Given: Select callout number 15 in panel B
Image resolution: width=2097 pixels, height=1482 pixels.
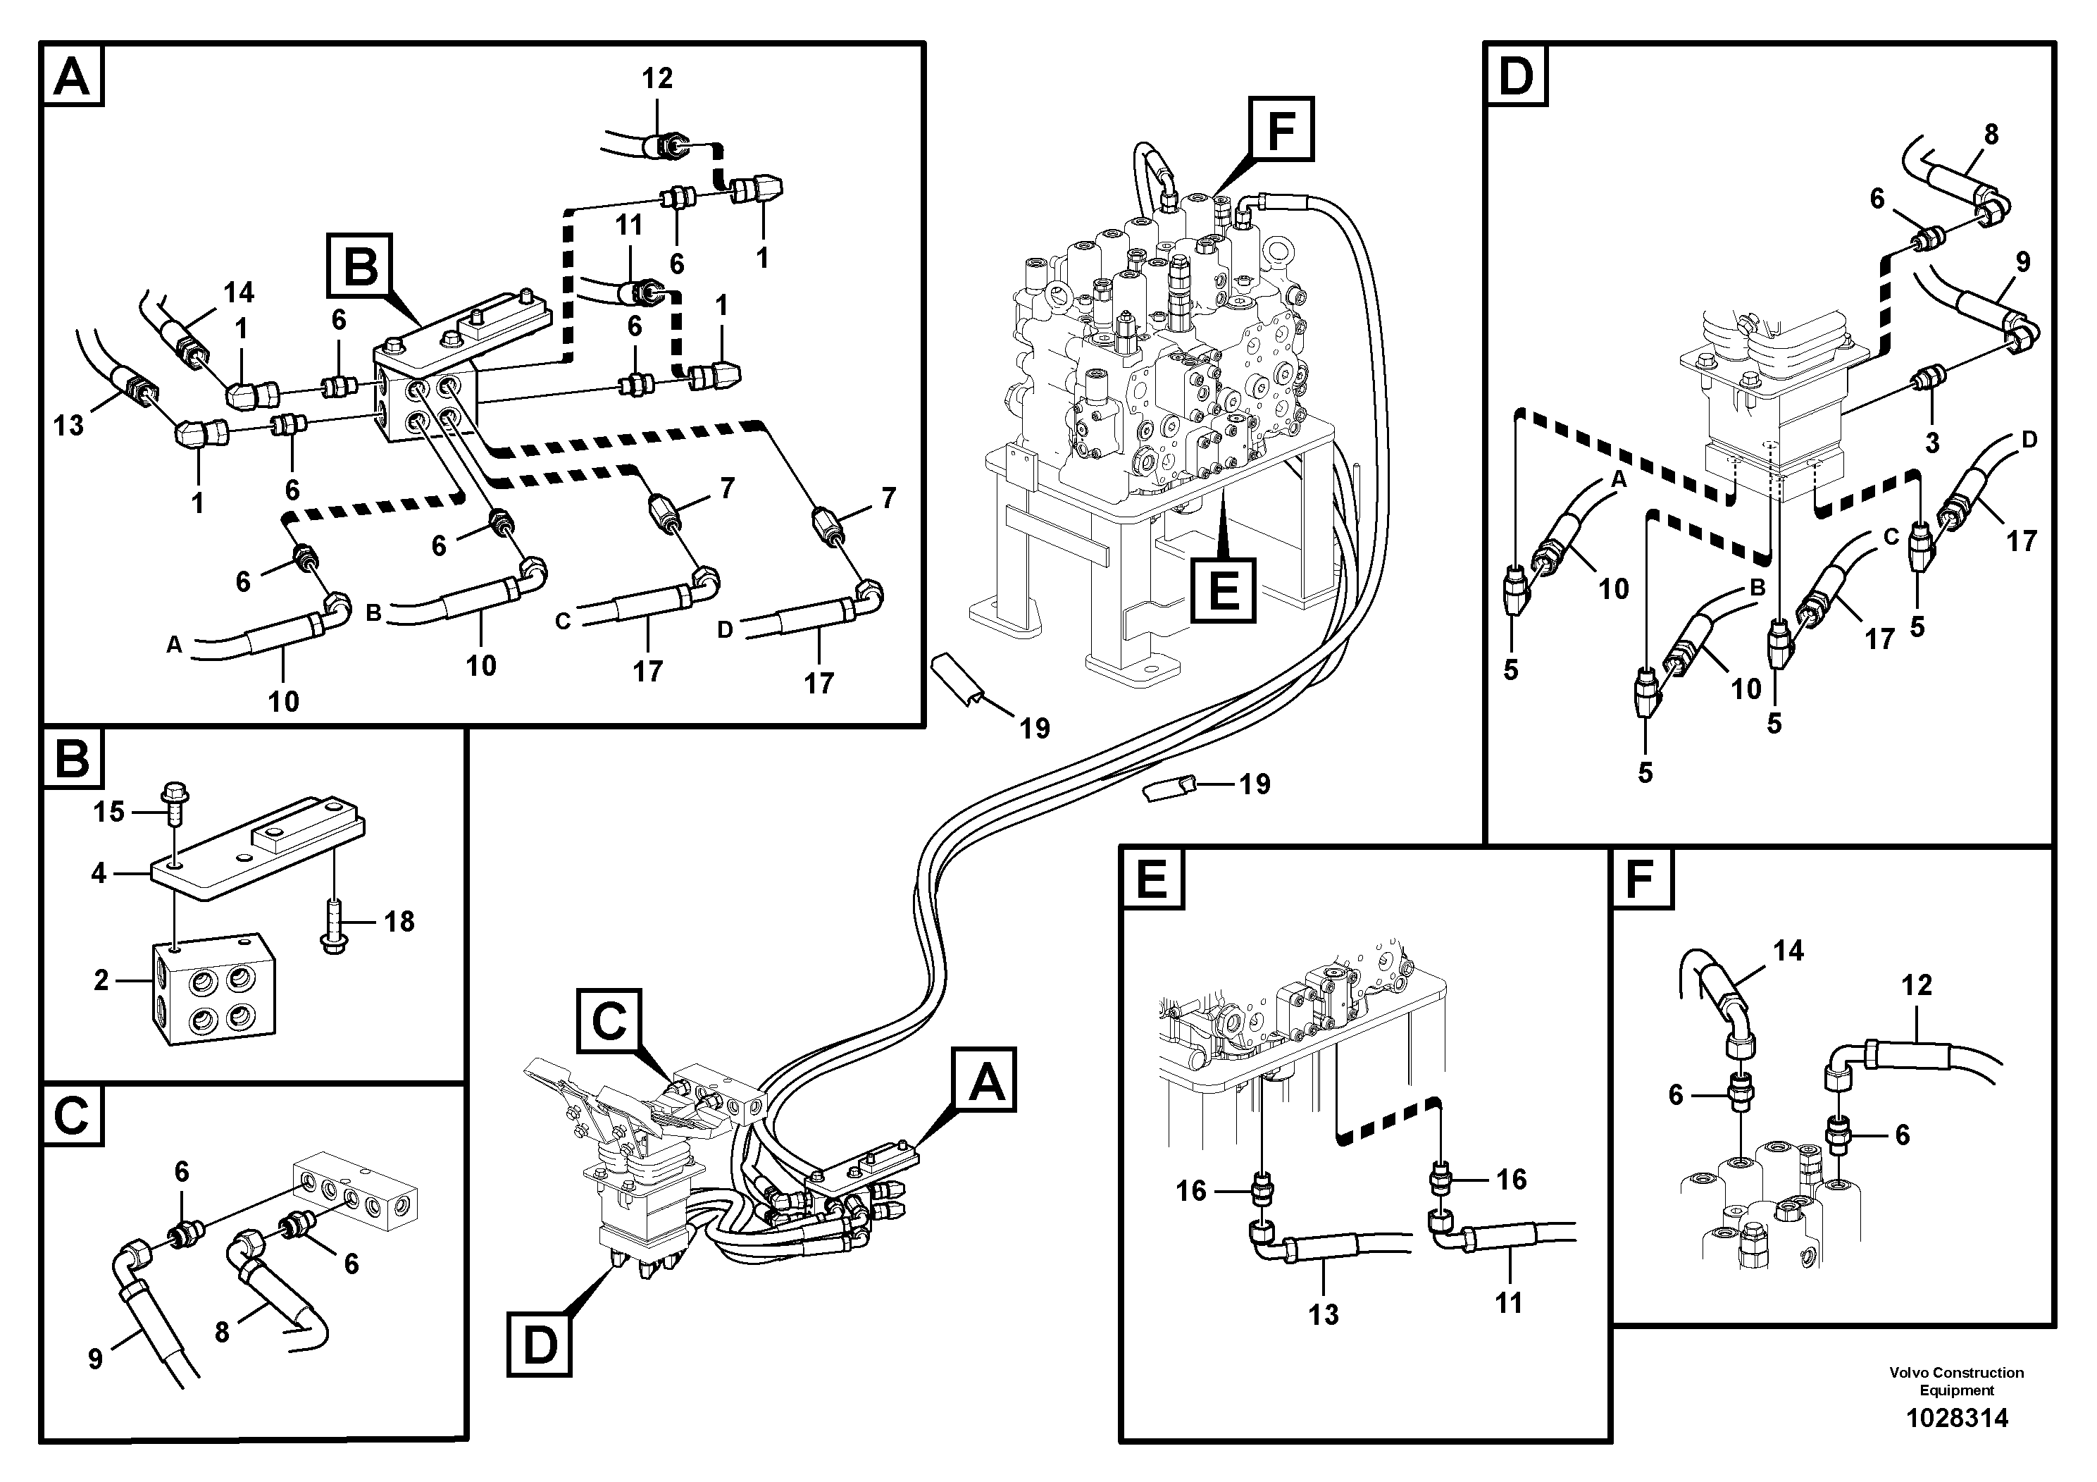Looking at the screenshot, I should [x=108, y=811].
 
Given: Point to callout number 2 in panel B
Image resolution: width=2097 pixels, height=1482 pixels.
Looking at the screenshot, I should [x=101, y=980].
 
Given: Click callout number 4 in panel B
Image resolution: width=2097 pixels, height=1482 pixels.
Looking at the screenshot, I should [x=99, y=873].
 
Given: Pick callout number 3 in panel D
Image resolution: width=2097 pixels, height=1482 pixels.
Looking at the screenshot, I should [x=1931, y=443].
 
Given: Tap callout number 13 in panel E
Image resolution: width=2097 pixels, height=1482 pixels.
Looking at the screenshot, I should [x=1324, y=1315].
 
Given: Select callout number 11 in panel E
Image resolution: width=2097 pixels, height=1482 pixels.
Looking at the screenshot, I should [x=1508, y=1302].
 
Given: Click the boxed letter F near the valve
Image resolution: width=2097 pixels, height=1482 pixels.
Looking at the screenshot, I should [x=1281, y=130].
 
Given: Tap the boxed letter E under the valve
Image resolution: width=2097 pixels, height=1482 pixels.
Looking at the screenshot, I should [x=1223, y=589].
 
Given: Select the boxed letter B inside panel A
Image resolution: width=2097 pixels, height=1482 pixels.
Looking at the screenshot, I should [x=361, y=268].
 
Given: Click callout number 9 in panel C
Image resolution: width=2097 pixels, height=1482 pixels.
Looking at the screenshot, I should [x=96, y=1359].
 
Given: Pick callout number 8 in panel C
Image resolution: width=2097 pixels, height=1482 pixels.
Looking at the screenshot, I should [x=222, y=1332].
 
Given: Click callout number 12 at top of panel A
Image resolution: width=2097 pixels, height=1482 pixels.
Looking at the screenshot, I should [x=657, y=79].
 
